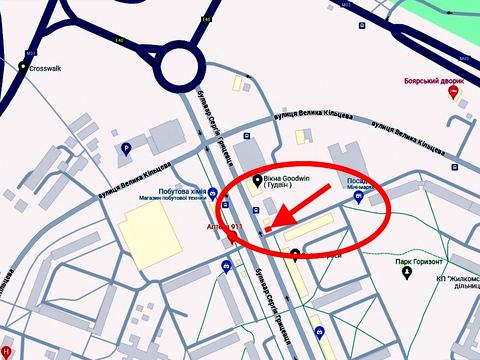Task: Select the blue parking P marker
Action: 125,148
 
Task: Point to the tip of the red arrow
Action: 267,229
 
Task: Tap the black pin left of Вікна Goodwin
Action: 257,182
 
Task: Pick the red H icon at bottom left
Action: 6,352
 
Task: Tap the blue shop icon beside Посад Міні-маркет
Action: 359,197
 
